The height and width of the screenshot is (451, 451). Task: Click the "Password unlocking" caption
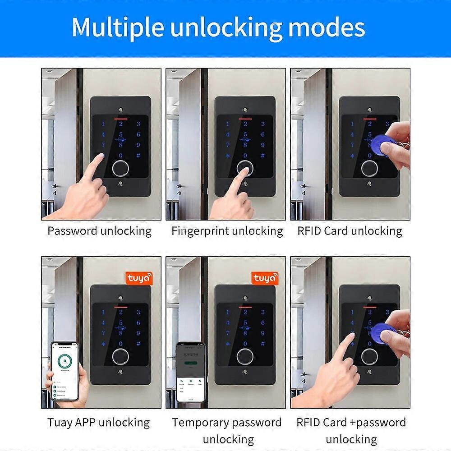tap(100, 231)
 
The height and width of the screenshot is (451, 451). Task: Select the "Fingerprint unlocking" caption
tap(227, 231)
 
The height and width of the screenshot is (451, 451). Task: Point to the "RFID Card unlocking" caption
tap(350, 231)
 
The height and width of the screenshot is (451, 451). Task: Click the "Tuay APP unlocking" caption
tap(99, 423)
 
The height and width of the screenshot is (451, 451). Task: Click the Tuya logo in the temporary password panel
tap(265, 278)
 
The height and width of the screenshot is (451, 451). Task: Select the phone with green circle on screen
tap(64, 371)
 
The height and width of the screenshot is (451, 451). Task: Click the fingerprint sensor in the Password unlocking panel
tap(120, 168)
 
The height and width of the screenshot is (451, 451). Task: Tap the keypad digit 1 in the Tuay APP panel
tap(103, 312)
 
